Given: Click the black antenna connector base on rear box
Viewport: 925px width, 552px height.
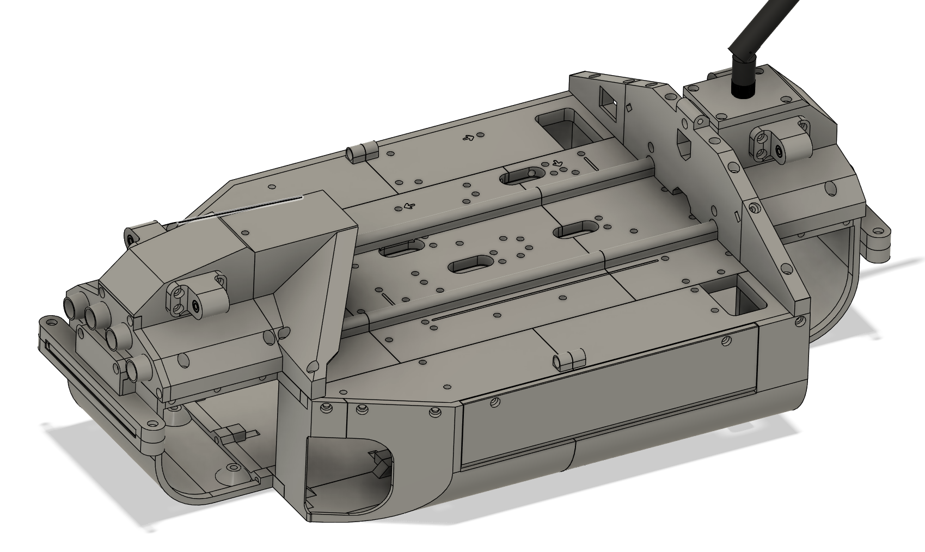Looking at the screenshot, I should [x=742, y=87].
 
